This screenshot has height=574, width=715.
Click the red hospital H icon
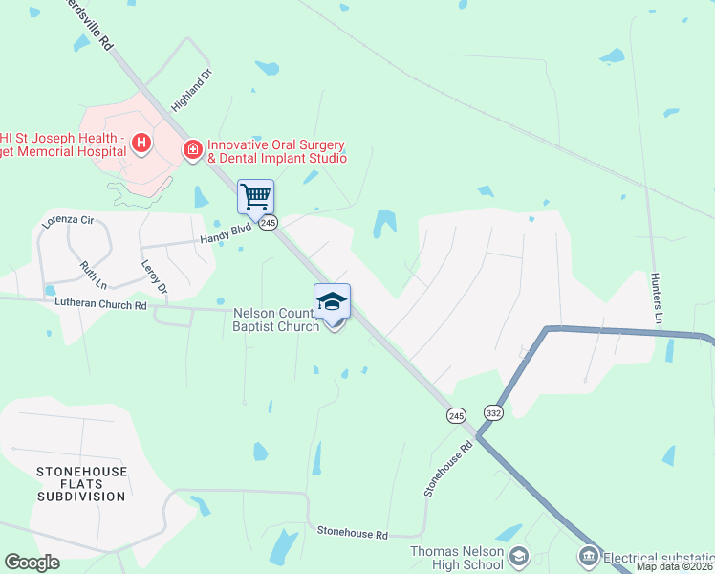pos(141,144)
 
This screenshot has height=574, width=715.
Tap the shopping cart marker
pos(255,197)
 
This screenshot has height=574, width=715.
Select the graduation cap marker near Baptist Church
pos(332,301)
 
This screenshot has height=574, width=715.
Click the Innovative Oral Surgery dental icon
pos(192,149)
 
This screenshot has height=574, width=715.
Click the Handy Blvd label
pos(225,235)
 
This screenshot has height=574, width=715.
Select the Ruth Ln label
pos(93,275)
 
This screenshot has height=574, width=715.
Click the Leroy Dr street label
pos(154,276)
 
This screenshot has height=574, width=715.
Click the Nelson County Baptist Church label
pos(275,320)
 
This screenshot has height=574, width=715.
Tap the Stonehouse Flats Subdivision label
pos(80,484)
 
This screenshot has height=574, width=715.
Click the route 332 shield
pos(493,411)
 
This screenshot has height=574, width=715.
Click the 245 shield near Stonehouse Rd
pos(454,415)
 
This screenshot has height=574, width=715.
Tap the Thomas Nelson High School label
pos(457,558)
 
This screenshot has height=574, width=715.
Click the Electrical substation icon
pos(588,556)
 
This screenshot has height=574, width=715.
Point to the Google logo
pos(32,563)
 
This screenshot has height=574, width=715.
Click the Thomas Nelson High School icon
pos(518,556)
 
